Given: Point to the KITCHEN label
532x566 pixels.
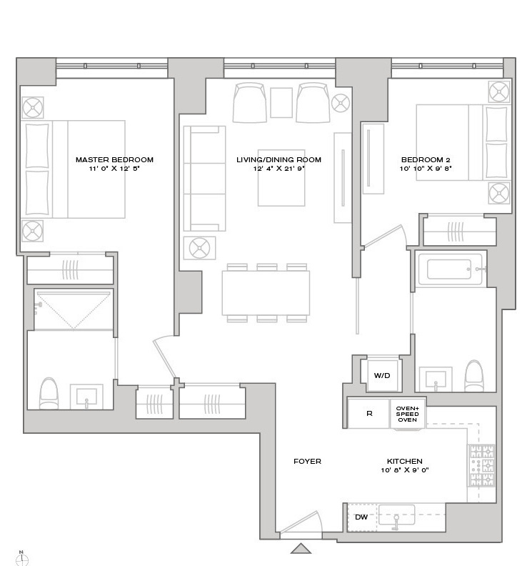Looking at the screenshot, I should pos(404,462).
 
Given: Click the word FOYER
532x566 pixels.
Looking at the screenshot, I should pos(307,462).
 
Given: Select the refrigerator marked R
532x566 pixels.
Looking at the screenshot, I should pos(368,414).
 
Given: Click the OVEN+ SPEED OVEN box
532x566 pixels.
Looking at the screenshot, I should pos(407,414).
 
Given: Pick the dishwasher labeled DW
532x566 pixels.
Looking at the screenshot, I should pos(361,517).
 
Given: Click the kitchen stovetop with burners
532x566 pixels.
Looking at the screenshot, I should pos(480,467).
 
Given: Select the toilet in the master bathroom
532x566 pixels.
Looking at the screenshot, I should pos(48,393).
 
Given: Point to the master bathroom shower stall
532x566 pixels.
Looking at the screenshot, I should pos(74,309).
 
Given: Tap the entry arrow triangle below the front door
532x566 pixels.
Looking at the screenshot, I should pos(301,548).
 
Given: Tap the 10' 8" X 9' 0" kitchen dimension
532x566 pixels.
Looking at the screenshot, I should pos(404,470).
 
